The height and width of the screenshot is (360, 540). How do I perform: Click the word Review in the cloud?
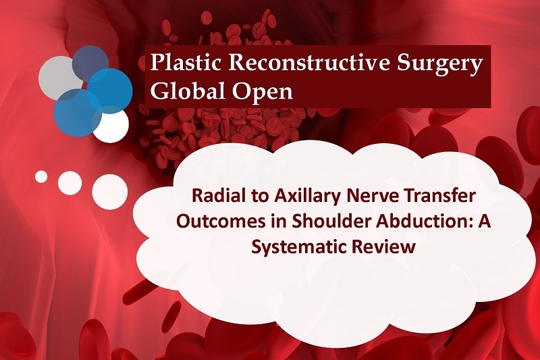pos(383,247)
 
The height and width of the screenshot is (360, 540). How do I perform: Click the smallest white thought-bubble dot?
pos(41,176)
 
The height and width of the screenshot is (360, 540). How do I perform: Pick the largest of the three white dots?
pos(110,192)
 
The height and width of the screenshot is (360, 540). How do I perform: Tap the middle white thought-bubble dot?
pos(70,182)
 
